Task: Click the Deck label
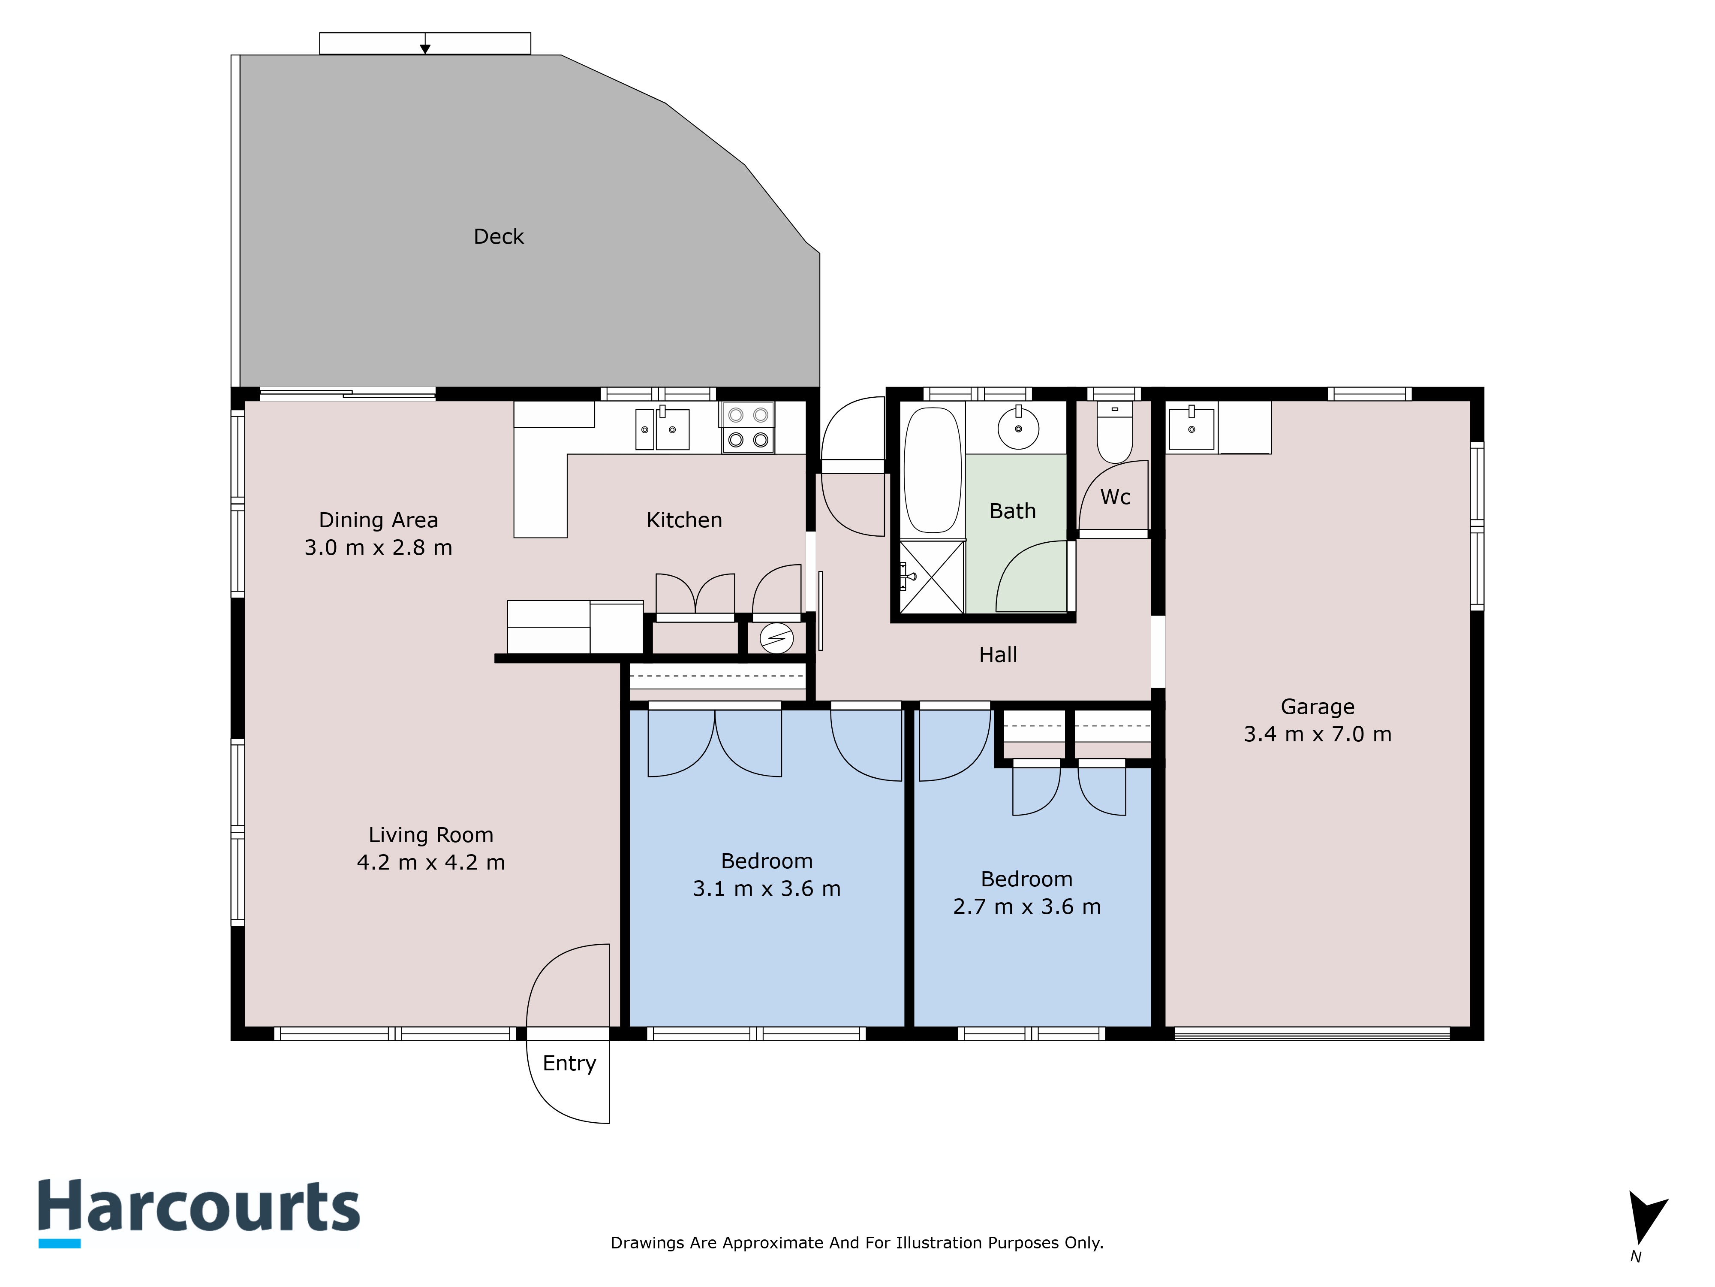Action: (499, 237)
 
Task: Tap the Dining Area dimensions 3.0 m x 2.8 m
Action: (378, 548)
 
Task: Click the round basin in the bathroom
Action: (1018, 427)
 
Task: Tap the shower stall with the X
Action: (932, 577)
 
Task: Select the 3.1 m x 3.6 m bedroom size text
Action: (767, 888)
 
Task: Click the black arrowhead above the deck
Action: (425, 49)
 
